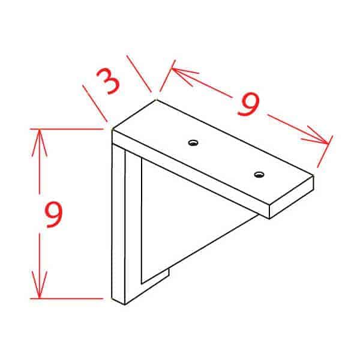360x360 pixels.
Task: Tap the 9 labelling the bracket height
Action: [x=53, y=214]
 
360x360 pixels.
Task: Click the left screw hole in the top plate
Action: [x=193, y=142]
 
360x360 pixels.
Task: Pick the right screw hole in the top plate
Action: [x=259, y=175]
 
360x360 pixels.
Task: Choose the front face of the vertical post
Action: [x=118, y=222]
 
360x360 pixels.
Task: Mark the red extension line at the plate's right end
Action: [x=324, y=153]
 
